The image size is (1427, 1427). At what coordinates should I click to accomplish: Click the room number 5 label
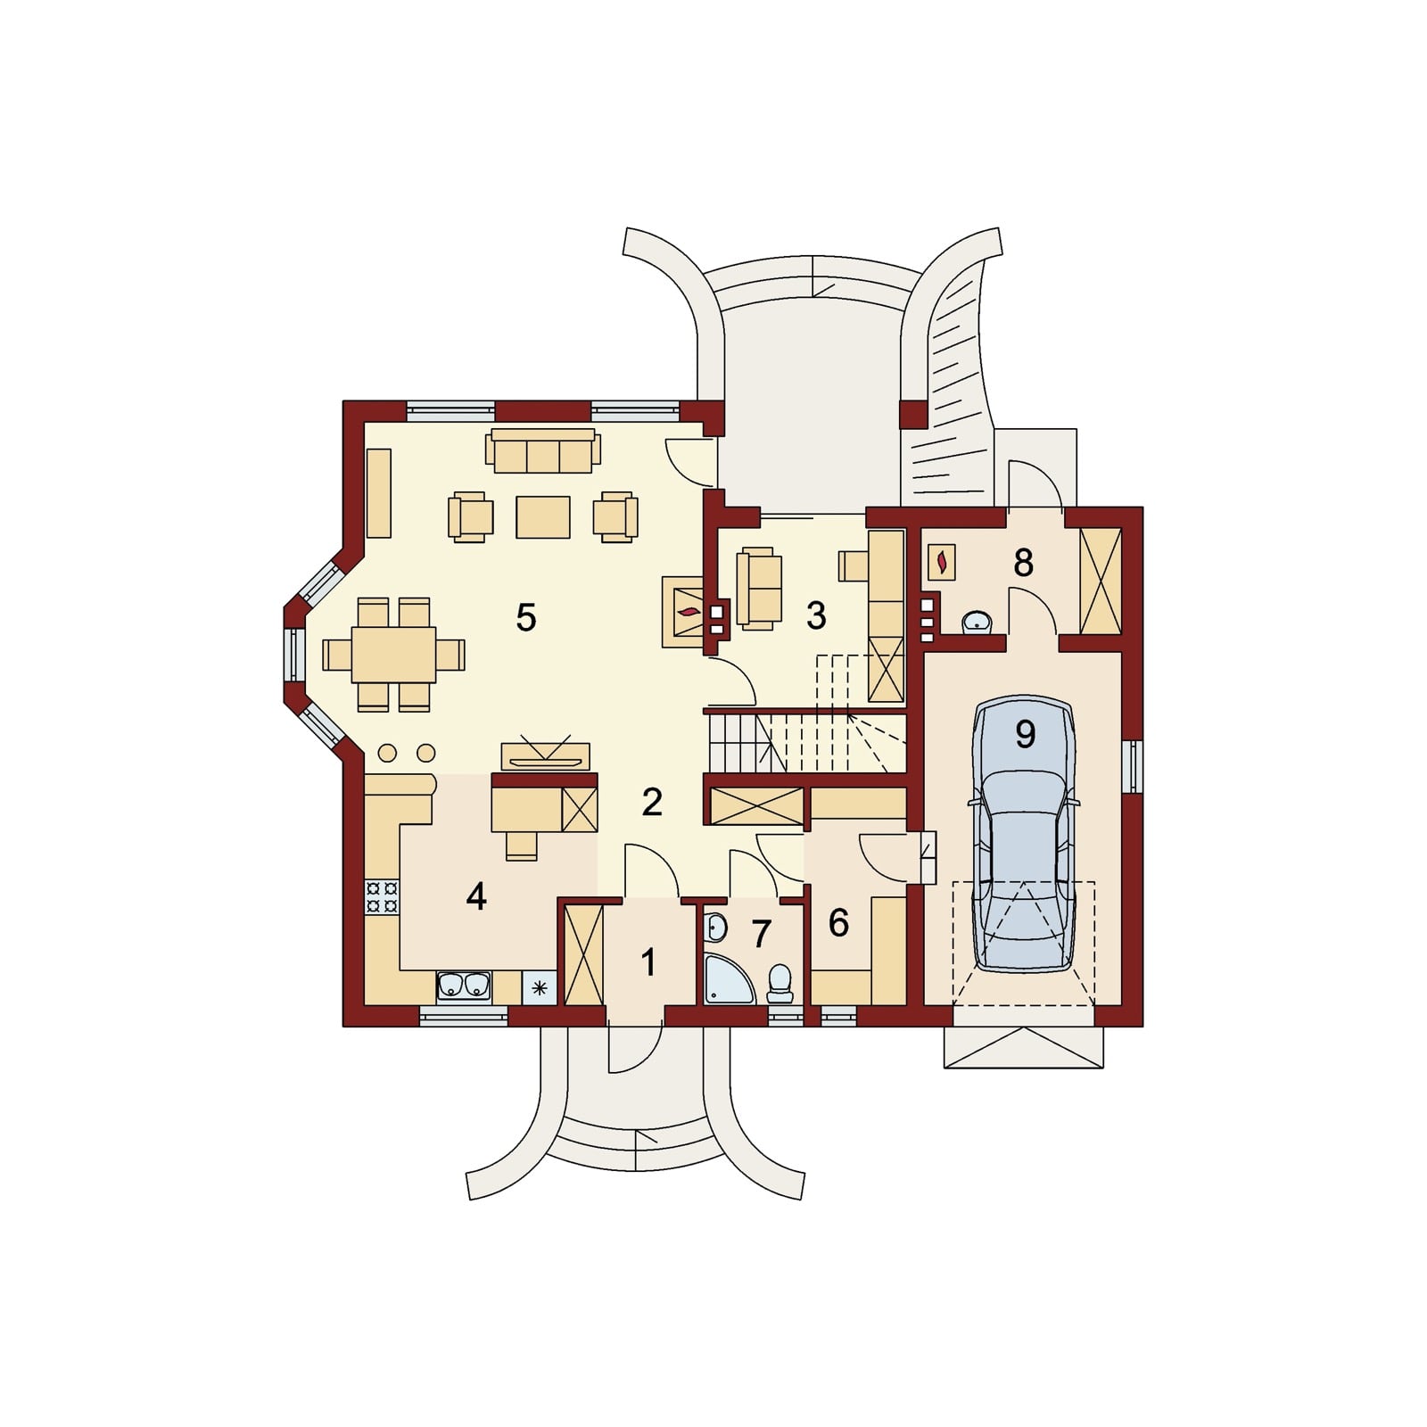coord(526,617)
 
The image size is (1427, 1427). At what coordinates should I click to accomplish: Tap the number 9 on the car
coord(1026,733)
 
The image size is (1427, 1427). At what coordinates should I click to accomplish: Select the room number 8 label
coord(1023,563)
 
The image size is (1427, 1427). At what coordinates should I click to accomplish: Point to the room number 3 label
coord(816,616)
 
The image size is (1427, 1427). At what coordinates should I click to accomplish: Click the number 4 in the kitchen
coord(476,896)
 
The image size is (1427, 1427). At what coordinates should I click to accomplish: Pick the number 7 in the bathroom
coord(761,934)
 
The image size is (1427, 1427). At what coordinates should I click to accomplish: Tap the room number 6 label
coord(838,923)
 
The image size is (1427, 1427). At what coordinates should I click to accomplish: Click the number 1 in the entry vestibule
coord(648,962)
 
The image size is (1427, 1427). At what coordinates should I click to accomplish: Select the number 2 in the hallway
coord(652,803)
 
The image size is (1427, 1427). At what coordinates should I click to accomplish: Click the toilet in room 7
coord(780,984)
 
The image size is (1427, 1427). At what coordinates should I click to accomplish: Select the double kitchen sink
coord(464,986)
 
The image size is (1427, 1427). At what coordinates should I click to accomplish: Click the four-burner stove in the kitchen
coord(382,896)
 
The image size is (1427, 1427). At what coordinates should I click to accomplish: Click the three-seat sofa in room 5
coord(542,451)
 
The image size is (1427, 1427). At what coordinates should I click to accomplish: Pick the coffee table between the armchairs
coord(543,517)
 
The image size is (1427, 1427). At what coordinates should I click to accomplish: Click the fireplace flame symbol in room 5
coord(689,612)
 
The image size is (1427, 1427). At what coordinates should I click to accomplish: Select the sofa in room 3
coord(759,588)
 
